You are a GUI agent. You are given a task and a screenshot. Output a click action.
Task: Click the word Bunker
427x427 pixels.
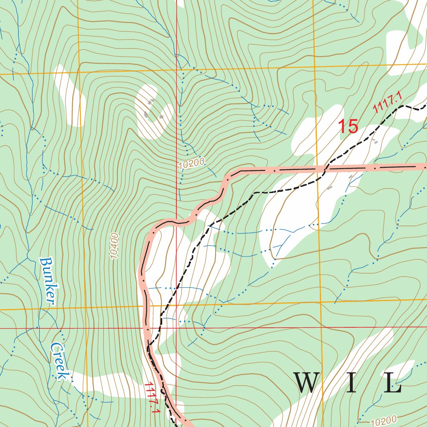pyautogui.click(x=48, y=281)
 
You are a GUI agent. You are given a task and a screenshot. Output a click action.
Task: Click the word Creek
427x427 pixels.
pyautogui.click(x=60, y=362)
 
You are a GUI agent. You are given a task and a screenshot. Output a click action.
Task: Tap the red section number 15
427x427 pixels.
pyautogui.click(x=348, y=126)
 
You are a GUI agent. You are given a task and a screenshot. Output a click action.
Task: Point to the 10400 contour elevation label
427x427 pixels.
pyautogui.click(x=116, y=246)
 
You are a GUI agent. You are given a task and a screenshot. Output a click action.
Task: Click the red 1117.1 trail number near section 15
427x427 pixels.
pyautogui.click(x=387, y=103)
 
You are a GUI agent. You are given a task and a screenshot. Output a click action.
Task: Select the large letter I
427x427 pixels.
pyautogui.click(x=351, y=383)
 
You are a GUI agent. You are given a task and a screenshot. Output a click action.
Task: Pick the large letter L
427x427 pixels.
pyautogui.click(x=392, y=383)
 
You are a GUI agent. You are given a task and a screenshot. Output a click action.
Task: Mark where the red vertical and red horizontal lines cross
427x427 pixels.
pyautogui.click(x=176, y=328)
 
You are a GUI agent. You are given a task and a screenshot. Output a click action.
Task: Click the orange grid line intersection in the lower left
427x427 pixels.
pyautogui.click(x=85, y=308)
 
